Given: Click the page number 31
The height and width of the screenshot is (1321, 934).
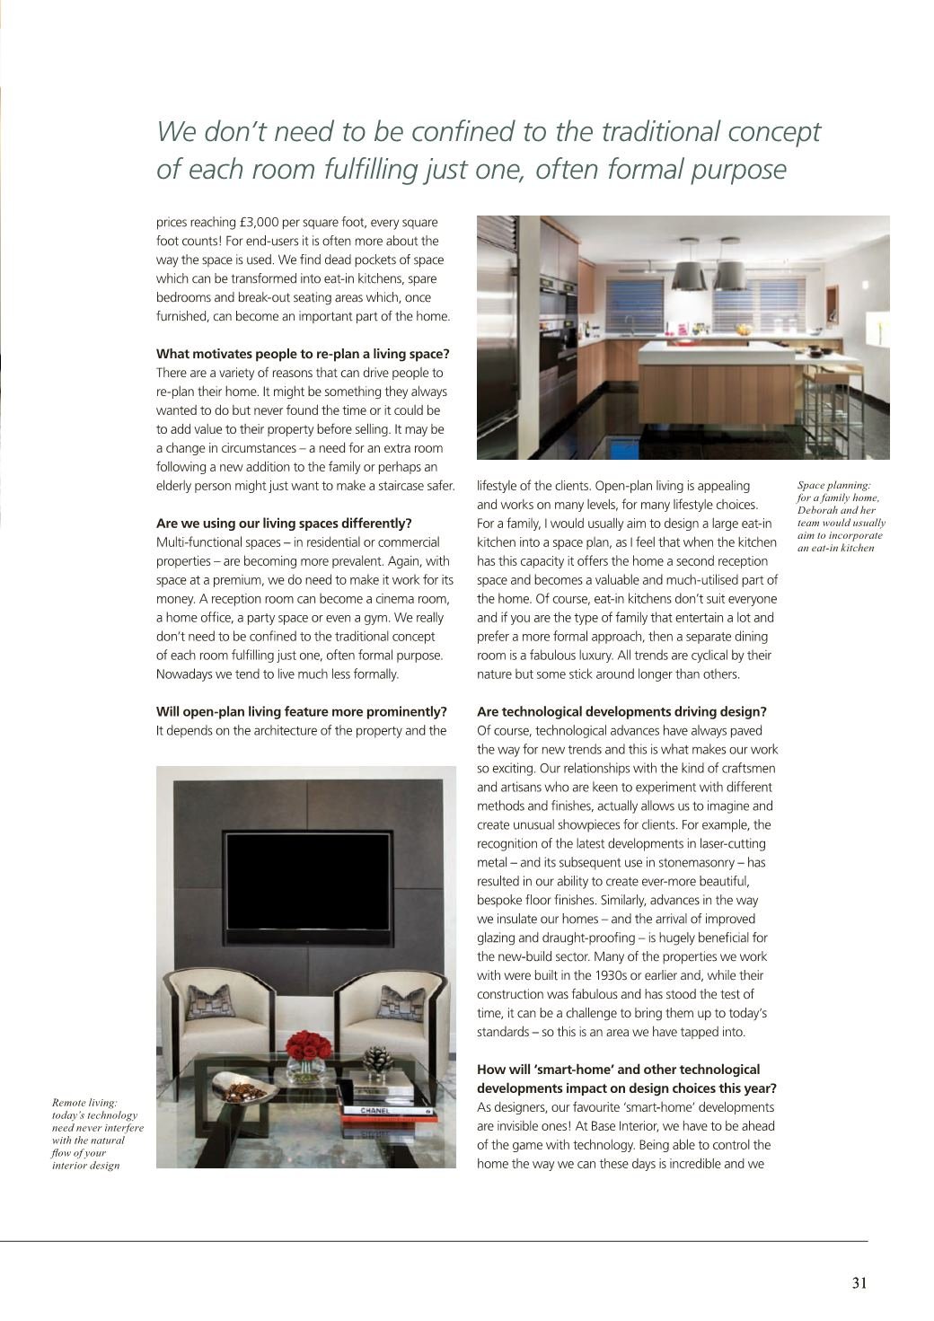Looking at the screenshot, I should tap(859, 1283).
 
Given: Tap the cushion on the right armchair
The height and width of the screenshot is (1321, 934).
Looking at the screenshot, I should tap(401, 1001).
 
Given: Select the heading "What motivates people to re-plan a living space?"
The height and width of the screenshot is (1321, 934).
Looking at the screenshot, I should tap(303, 354).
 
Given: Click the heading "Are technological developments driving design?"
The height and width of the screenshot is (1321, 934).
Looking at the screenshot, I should tap(621, 712).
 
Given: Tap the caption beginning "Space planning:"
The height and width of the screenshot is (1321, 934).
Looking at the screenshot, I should tap(841, 516).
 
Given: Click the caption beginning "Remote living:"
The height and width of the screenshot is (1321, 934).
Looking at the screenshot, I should tap(97, 1133).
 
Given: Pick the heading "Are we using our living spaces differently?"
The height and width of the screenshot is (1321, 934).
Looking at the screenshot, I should tap(284, 524).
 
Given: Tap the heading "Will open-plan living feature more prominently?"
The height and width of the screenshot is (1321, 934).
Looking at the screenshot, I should tap(301, 712).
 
